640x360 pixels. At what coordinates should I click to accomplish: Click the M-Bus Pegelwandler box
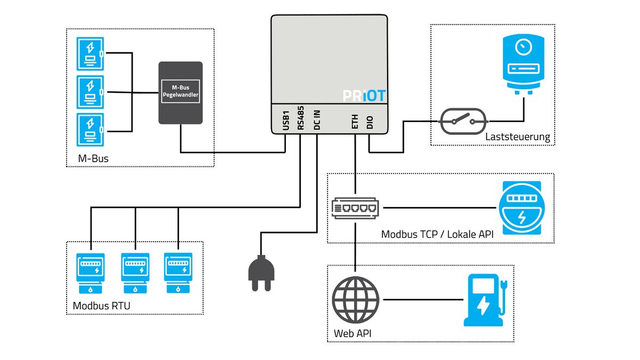pyautogui.click(x=181, y=93)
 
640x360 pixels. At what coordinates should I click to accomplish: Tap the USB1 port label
pyautogui.click(x=286, y=121)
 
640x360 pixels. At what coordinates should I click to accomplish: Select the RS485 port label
pyautogui.click(x=301, y=118)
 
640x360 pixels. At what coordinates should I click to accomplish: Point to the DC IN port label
pyautogui.click(x=317, y=120)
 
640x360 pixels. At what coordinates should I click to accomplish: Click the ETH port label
pyautogui.click(x=355, y=122)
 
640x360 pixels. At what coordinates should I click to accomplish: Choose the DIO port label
pyautogui.click(x=370, y=122)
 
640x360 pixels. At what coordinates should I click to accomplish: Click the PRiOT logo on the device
pyautogui.click(x=364, y=95)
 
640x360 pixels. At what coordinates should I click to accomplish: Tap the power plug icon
pyautogui.click(x=261, y=273)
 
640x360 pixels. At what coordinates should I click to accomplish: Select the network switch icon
pyautogui.click(x=355, y=208)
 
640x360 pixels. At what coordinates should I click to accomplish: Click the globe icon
pyautogui.click(x=355, y=300)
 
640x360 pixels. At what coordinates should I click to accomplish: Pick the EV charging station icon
pyautogui.click(x=485, y=300)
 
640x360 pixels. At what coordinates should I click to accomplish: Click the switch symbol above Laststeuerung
pyautogui.click(x=463, y=122)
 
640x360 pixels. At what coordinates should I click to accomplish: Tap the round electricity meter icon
pyautogui.click(x=522, y=208)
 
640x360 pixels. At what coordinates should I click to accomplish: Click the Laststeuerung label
pyautogui.click(x=517, y=137)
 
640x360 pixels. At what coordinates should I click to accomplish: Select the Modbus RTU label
pyautogui.click(x=101, y=306)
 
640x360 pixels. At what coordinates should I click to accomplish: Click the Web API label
pyautogui.click(x=353, y=333)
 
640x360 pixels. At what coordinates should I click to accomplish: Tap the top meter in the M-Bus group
pyautogui.click(x=90, y=54)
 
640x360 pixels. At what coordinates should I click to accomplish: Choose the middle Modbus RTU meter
pyautogui.click(x=135, y=273)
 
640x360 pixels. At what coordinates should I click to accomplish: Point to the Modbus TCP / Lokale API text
pyautogui.click(x=437, y=234)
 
